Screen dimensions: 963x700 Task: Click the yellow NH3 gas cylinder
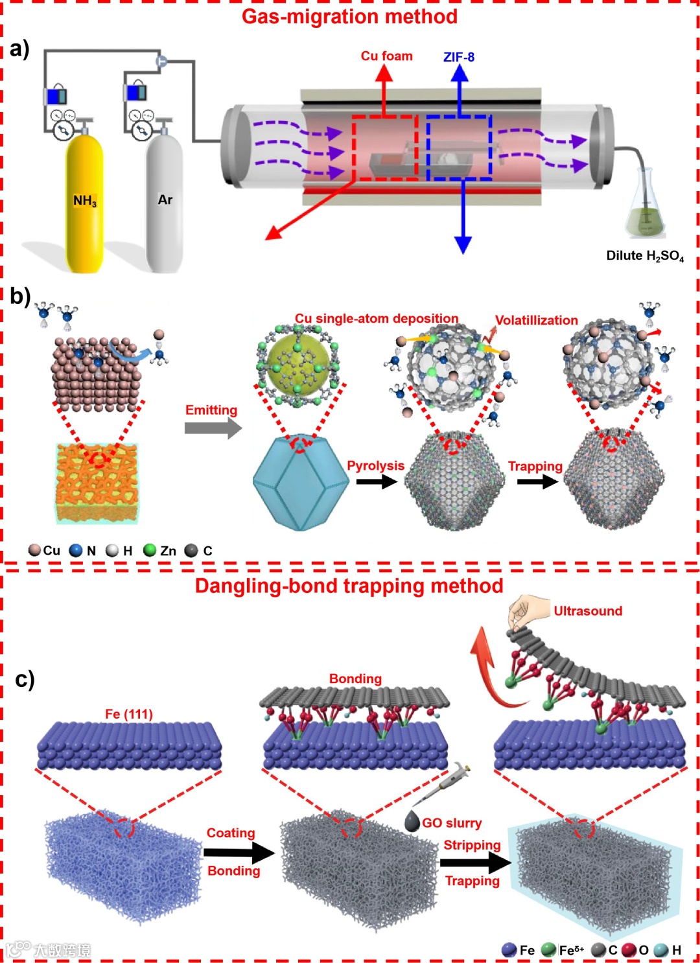pyautogui.click(x=84, y=201)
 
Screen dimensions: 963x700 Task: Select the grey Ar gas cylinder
pyautogui.click(x=165, y=201)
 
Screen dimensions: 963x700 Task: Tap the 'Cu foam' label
pyautogui.click(x=386, y=56)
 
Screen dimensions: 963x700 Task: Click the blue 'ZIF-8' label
pyautogui.click(x=459, y=57)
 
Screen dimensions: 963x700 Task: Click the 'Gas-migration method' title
pyautogui.click(x=349, y=16)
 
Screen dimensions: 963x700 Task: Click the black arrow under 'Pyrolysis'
pyautogui.click(x=377, y=482)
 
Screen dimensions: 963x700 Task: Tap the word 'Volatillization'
pyautogui.click(x=536, y=320)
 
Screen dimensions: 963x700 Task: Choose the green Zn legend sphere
pyautogui.click(x=150, y=550)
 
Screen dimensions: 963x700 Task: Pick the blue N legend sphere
pyautogui.click(x=76, y=550)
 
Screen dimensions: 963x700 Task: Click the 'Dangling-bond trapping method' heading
pyautogui.click(x=349, y=586)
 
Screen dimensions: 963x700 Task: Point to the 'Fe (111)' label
pyautogui.click(x=129, y=714)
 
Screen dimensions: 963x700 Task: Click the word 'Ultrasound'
pyautogui.click(x=587, y=611)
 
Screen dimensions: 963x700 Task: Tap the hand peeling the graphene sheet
pyautogui.click(x=524, y=612)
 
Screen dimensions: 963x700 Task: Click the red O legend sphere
pyautogui.click(x=629, y=950)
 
